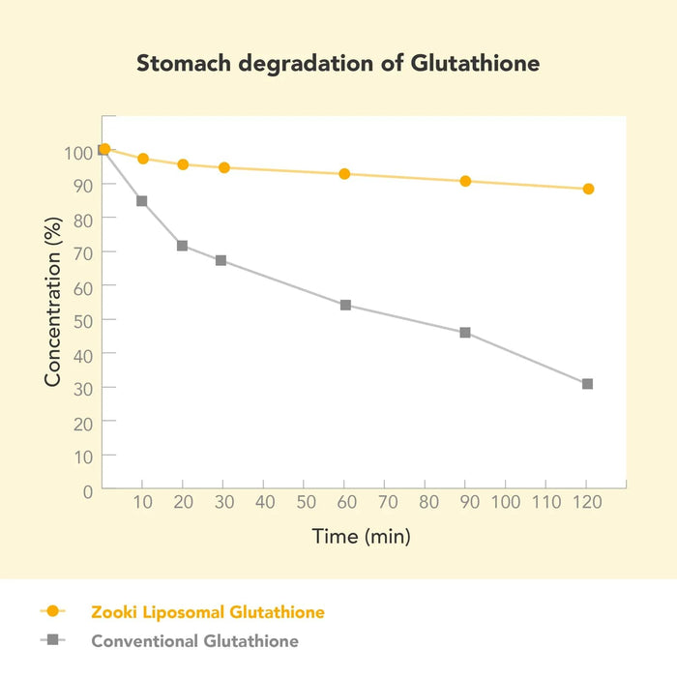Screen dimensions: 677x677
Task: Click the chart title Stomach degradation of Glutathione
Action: point(338,64)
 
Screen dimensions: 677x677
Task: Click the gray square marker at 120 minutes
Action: point(587,384)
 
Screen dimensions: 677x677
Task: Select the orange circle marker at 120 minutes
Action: point(588,189)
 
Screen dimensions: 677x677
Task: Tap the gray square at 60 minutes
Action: point(345,305)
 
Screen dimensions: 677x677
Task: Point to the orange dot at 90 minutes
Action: point(465,181)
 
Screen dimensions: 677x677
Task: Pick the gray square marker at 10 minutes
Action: point(142,201)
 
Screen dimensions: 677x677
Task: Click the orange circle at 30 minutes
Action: point(224,167)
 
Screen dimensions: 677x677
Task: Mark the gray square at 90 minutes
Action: point(465,333)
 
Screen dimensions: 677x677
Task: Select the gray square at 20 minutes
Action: point(182,246)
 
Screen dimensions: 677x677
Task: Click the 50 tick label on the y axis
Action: point(82,320)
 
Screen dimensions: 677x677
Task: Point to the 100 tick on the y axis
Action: point(78,152)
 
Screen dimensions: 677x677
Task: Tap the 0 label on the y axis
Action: point(87,490)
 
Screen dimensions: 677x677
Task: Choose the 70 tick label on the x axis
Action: point(385,503)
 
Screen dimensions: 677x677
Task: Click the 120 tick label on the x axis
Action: point(586,503)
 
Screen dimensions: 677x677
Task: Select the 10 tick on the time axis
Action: point(142,503)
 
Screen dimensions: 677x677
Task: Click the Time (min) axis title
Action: point(361,536)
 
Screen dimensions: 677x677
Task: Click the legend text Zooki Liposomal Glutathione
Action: point(208,611)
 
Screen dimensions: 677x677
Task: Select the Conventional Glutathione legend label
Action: point(195,640)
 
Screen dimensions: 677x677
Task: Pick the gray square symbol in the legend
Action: point(53,640)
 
